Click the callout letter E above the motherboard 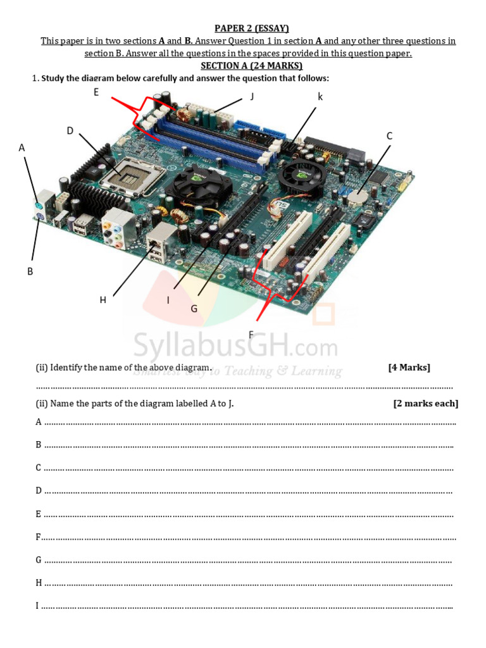(x=96, y=92)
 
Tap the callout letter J (x=252, y=96)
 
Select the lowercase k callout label (x=320, y=96)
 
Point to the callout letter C (x=389, y=136)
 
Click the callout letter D (x=70, y=131)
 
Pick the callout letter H (x=103, y=300)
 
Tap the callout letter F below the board (x=251, y=335)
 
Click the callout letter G (x=194, y=309)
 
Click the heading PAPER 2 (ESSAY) (x=251, y=28)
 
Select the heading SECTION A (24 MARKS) (x=251, y=66)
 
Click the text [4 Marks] (x=409, y=368)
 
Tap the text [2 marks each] (x=425, y=404)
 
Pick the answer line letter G (x=39, y=560)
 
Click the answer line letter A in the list (x=39, y=422)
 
